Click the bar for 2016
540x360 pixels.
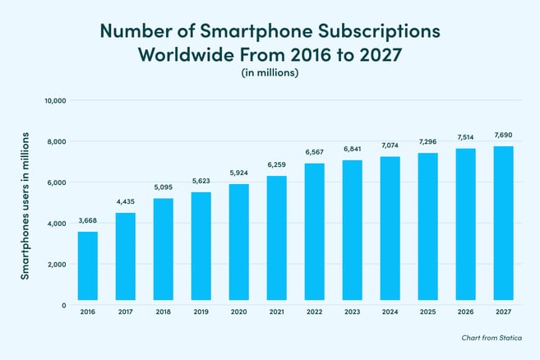[88, 266]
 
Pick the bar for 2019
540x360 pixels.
[201, 247]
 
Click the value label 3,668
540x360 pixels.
[88, 220]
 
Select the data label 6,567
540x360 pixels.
[315, 152]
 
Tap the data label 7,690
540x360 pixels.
[503, 135]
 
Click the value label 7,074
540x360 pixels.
[390, 145]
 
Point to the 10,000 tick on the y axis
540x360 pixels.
[54, 101]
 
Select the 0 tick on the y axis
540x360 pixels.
[63, 305]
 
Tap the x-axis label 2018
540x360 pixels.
[164, 312]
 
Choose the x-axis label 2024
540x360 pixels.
[390, 312]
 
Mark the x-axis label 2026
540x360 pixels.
[465, 312]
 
